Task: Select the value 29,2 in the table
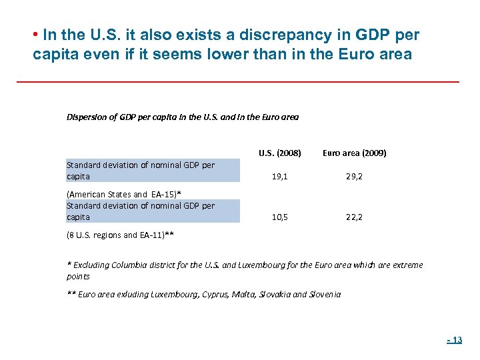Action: point(353,177)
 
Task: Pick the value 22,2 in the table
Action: point(353,217)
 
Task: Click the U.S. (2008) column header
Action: point(279,153)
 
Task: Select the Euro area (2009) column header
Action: point(354,153)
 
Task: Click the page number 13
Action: point(455,340)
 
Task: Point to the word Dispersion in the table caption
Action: point(85,117)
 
